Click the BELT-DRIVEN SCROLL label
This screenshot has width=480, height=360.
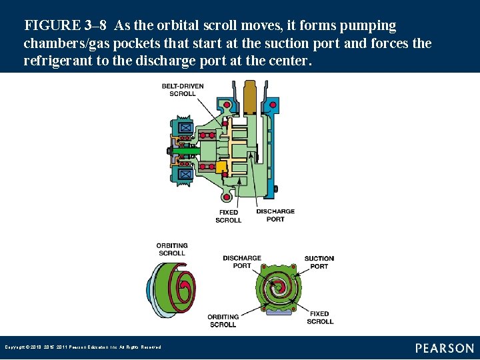pyautogui.click(x=182, y=90)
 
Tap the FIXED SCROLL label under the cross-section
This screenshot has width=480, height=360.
pyautogui.click(x=229, y=216)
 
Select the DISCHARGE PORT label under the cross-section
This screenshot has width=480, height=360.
pyautogui.click(x=275, y=215)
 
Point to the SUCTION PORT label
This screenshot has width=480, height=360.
pyautogui.click(x=319, y=262)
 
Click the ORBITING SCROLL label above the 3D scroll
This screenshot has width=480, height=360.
pyautogui.click(x=172, y=249)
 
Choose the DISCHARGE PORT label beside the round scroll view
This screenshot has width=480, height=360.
pyautogui.click(x=241, y=262)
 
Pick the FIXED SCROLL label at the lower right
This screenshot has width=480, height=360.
pyautogui.click(x=320, y=317)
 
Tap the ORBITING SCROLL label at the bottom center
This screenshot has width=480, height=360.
pyautogui.click(x=223, y=321)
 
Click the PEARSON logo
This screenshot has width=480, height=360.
pyautogui.click(x=444, y=348)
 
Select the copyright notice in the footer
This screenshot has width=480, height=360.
pyautogui.click(x=83, y=347)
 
